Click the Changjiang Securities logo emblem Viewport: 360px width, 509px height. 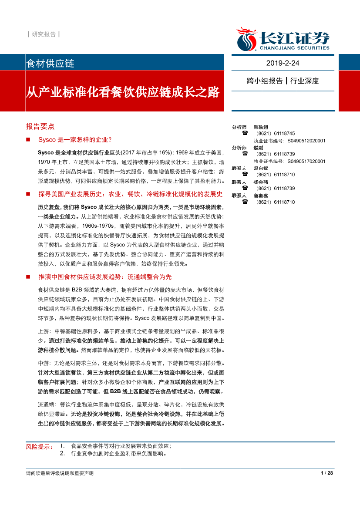click(x=247, y=39)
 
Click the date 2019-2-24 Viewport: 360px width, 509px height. click(x=283, y=64)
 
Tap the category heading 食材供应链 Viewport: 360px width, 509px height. click(x=50, y=64)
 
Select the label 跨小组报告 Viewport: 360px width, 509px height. click(x=265, y=81)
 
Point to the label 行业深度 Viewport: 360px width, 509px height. click(x=305, y=81)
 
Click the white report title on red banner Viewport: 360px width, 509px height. click(x=123, y=93)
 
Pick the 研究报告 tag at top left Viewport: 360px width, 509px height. click(x=44, y=34)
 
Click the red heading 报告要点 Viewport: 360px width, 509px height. click(x=40, y=126)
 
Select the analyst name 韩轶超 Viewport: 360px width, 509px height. click(x=261, y=127)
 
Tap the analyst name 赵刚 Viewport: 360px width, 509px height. click(x=259, y=148)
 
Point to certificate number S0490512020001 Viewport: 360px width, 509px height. click(x=306, y=141)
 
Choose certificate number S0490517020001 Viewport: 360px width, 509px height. click(x=306, y=161)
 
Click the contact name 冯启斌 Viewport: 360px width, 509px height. click(x=261, y=168)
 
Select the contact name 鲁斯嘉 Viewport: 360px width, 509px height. click(x=261, y=196)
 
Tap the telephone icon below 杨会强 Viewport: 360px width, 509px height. click(x=245, y=189)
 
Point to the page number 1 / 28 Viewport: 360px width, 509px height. click(x=326, y=473)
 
